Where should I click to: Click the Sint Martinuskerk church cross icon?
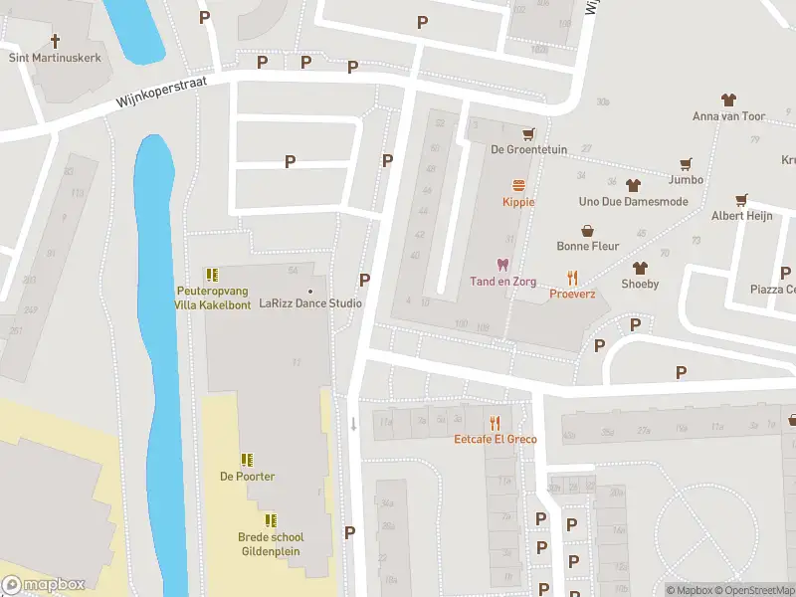56,41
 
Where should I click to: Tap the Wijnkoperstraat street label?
160,96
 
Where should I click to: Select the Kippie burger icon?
518,185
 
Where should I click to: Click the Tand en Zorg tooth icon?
501,265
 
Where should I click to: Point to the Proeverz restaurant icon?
572,278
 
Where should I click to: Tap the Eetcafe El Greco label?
496,439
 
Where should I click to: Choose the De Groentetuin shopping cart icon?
528,133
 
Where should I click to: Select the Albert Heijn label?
741,216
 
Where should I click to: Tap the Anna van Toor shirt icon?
729,99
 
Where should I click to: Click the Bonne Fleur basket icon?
588,230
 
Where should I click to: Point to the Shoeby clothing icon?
640,268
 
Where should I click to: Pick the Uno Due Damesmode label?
633,202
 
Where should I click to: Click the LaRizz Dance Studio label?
310,302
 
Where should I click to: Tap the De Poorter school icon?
247,460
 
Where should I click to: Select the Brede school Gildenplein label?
271,543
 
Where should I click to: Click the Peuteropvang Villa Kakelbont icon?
211,275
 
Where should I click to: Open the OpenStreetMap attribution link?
752,590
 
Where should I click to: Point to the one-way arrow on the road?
353,424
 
